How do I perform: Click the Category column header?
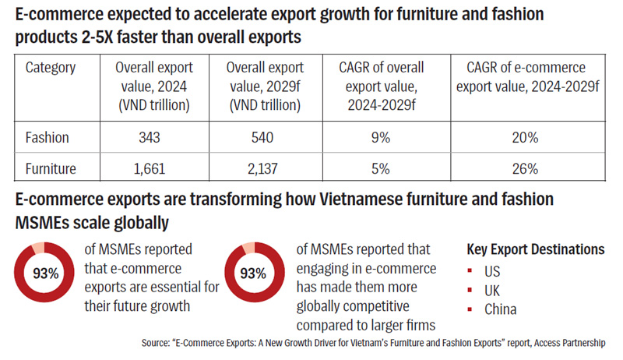[x=51, y=68]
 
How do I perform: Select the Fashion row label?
[x=48, y=137]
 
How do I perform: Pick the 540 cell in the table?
[x=264, y=137]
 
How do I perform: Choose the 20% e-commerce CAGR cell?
[x=526, y=137]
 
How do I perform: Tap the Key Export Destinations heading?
[x=535, y=250]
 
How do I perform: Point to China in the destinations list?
[x=500, y=309]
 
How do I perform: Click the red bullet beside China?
[x=470, y=309]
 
